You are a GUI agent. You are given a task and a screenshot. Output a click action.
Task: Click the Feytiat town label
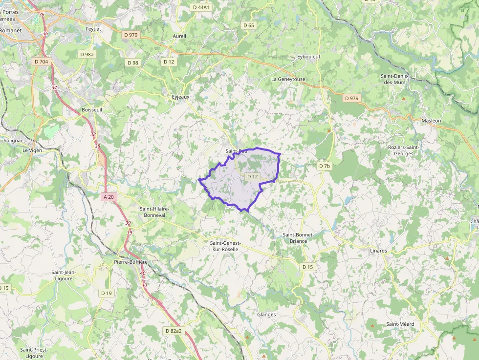(93, 29)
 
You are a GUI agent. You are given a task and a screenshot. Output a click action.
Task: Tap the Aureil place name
(179, 36)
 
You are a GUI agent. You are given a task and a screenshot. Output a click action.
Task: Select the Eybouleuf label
(309, 57)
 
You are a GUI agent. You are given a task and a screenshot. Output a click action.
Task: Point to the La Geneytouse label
(288, 79)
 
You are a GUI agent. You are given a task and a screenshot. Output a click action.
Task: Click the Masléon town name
(431, 121)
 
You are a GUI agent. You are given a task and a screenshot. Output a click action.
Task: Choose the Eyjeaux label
(180, 97)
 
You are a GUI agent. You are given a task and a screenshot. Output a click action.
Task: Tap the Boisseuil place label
(92, 110)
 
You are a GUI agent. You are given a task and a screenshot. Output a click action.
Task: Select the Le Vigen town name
(32, 150)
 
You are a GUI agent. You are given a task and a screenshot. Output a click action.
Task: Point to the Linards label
(378, 251)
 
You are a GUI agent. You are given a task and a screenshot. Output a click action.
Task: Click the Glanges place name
(266, 315)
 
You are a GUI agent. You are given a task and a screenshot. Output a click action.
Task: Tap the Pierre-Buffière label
(131, 262)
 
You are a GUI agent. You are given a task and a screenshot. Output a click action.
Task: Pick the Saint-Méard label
(400, 324)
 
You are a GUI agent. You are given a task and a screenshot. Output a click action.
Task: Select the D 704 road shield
(42, 62)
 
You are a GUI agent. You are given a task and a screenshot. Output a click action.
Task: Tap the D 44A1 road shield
(201, 7)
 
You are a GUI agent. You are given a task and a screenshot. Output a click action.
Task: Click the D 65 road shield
(248, 25)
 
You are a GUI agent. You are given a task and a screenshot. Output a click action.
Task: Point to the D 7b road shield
(325, 166)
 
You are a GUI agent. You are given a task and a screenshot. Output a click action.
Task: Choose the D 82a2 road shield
(174, 331)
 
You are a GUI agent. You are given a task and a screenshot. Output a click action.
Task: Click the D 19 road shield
(106, 293)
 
